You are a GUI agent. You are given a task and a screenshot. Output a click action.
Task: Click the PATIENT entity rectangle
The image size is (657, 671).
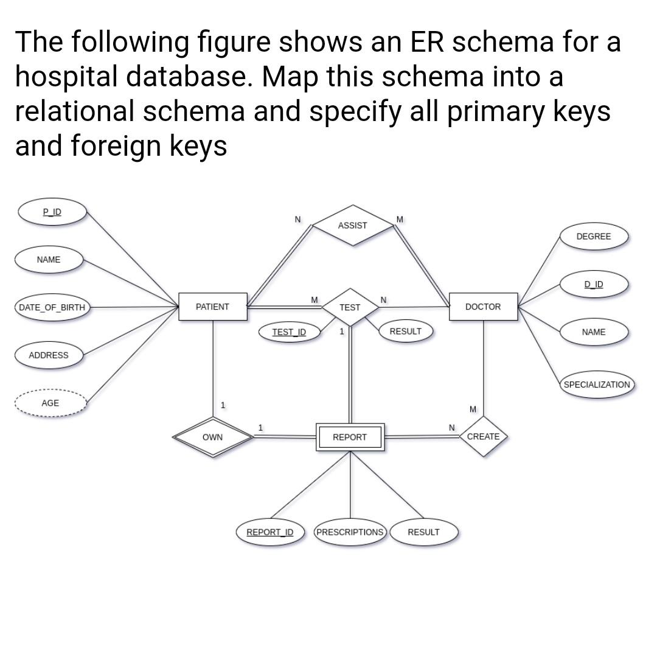[212, 307]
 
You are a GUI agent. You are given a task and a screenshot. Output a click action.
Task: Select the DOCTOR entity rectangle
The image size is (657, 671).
[483, 307]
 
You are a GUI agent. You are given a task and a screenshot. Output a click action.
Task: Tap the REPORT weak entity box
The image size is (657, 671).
[350, 437]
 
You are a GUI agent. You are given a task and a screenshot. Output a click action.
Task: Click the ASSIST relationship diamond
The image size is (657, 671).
[353, 225]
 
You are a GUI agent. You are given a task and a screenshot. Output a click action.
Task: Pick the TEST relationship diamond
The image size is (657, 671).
[350, 307]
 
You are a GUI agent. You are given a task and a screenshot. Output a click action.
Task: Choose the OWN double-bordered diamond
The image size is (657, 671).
[212, 437]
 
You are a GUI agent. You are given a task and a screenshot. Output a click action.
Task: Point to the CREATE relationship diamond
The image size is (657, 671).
[484, 436]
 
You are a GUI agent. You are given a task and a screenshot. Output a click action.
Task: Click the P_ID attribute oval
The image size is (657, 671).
[52, 212]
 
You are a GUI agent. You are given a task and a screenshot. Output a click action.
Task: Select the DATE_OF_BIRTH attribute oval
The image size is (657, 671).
[52, 307]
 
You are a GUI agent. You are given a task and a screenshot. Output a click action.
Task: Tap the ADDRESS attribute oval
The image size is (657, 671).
[49, 355]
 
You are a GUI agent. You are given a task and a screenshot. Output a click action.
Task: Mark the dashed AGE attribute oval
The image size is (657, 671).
[50, 403]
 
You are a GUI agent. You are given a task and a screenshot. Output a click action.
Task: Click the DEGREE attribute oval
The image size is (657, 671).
[593, 236]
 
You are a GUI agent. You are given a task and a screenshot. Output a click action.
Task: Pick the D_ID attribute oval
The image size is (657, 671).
[593, 284]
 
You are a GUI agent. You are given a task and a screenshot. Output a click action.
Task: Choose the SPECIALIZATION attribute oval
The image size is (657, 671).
[597, 384]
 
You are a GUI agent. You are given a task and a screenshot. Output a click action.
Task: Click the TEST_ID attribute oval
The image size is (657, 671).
[289, 332]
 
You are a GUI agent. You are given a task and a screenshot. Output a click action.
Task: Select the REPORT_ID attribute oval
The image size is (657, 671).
[269, 532]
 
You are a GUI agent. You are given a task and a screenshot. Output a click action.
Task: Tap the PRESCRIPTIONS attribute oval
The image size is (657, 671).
[350, 532]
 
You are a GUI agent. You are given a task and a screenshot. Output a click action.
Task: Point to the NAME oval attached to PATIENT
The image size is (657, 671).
[49, 260]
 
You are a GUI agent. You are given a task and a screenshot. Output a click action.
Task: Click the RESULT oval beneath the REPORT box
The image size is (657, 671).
[423, 532]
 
